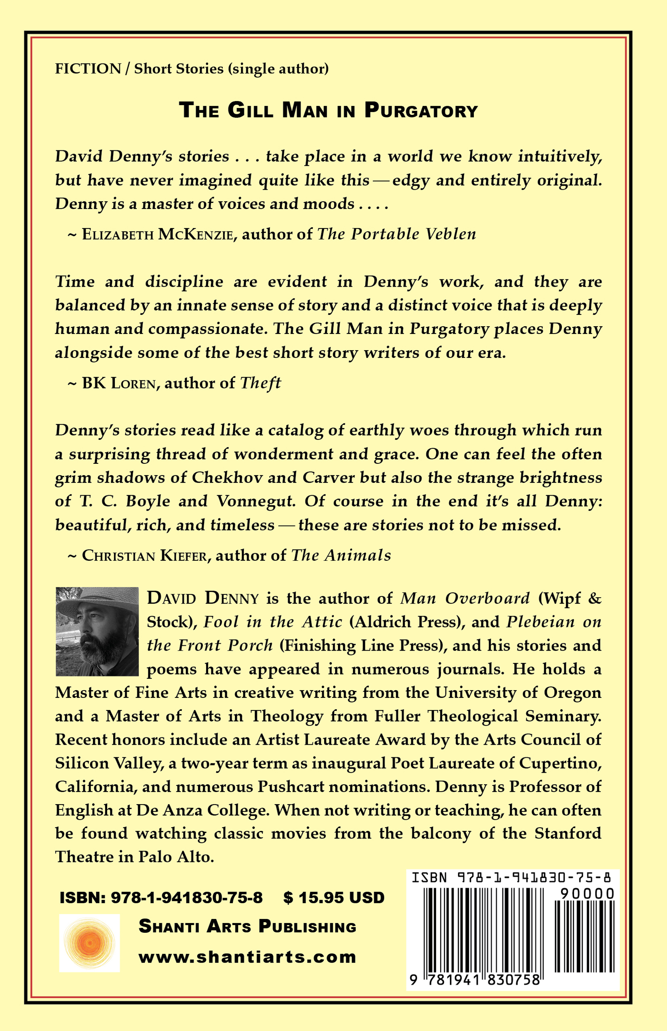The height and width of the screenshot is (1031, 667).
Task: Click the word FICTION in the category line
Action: pyautogui.click(x=88, y=68)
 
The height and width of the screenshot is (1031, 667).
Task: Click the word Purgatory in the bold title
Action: pyautogui.click(x=420, y=110)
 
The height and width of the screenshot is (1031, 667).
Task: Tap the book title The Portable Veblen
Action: pyautogui.click(x=396, y=234)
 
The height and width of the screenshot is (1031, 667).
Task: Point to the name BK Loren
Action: pyautogui.click(x=118, y=383)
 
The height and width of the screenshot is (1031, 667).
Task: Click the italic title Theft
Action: pyautogui.click(x=260, y=383)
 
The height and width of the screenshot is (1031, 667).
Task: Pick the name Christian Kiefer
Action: pyautogui.click(x=144, y=556)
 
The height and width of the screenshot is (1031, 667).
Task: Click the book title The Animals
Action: pyautogui.click(x=341, y=556)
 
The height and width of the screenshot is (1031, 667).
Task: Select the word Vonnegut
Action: pyautogui.click(x=256, y=501)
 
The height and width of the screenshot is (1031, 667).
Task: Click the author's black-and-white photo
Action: pyautogui.click(x=97, y=632)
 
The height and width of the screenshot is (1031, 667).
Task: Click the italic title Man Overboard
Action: pyautogui.click(x=465, y=598)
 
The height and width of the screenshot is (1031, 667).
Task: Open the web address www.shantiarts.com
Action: pyautogui.click(x=247, y=957)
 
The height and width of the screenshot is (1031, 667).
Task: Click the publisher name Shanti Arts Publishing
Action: pyautogui.click(x=247, y=927)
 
